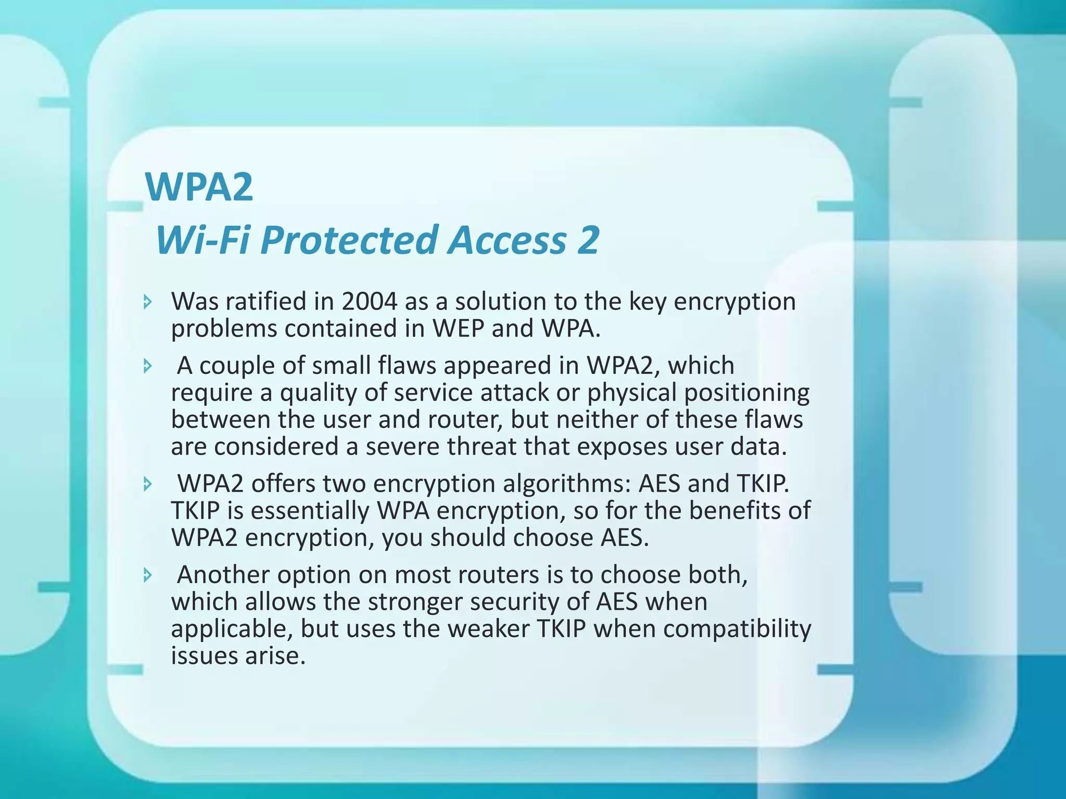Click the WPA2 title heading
point(199,187)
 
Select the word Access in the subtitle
point(507,240)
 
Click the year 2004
point(370,301)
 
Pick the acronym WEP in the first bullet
point(458,328)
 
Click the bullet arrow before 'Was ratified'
point(148,301)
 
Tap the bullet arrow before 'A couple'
point(148,366)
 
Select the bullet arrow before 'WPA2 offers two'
point(148,484)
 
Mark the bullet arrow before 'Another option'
point(148,575)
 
